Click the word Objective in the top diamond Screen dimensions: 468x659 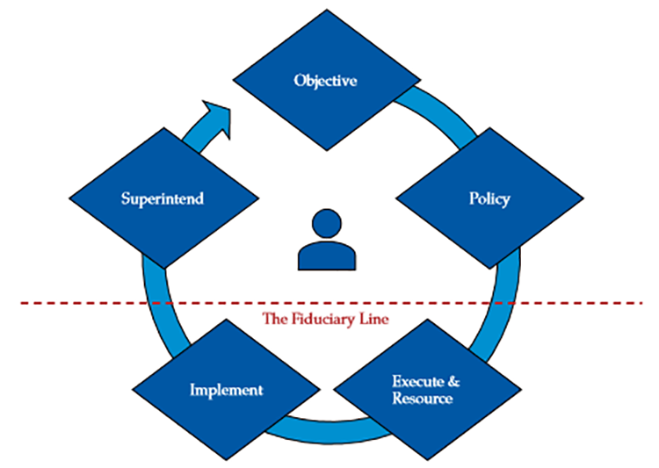[x=325, y=81]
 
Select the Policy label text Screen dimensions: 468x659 [x=489, y=198]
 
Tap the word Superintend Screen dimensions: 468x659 [x=163, y=198]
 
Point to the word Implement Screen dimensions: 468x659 [x=226, y=389]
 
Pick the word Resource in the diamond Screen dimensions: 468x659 [x=423, y=399]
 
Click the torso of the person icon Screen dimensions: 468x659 [x=327, y=256]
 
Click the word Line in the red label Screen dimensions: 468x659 [x=373, y=317]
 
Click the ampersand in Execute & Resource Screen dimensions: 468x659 [x=453, y=382]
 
